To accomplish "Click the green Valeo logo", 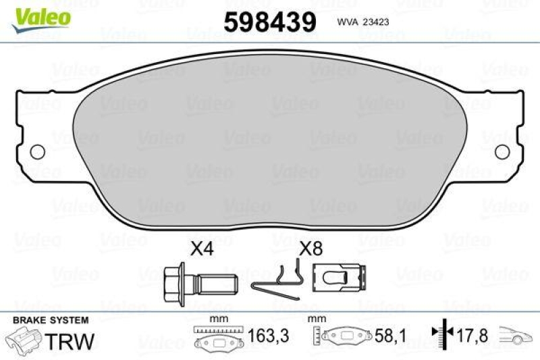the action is point(41,21).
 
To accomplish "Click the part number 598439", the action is point(269,22).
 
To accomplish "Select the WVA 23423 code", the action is point(363,22).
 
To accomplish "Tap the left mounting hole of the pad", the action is point(38,152).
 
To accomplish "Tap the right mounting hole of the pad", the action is point(502,152).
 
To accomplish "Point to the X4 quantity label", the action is point(202,249).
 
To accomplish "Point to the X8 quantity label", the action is point(311,249).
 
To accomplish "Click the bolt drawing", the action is point(200,284).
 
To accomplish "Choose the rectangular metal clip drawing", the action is point(340,278).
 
